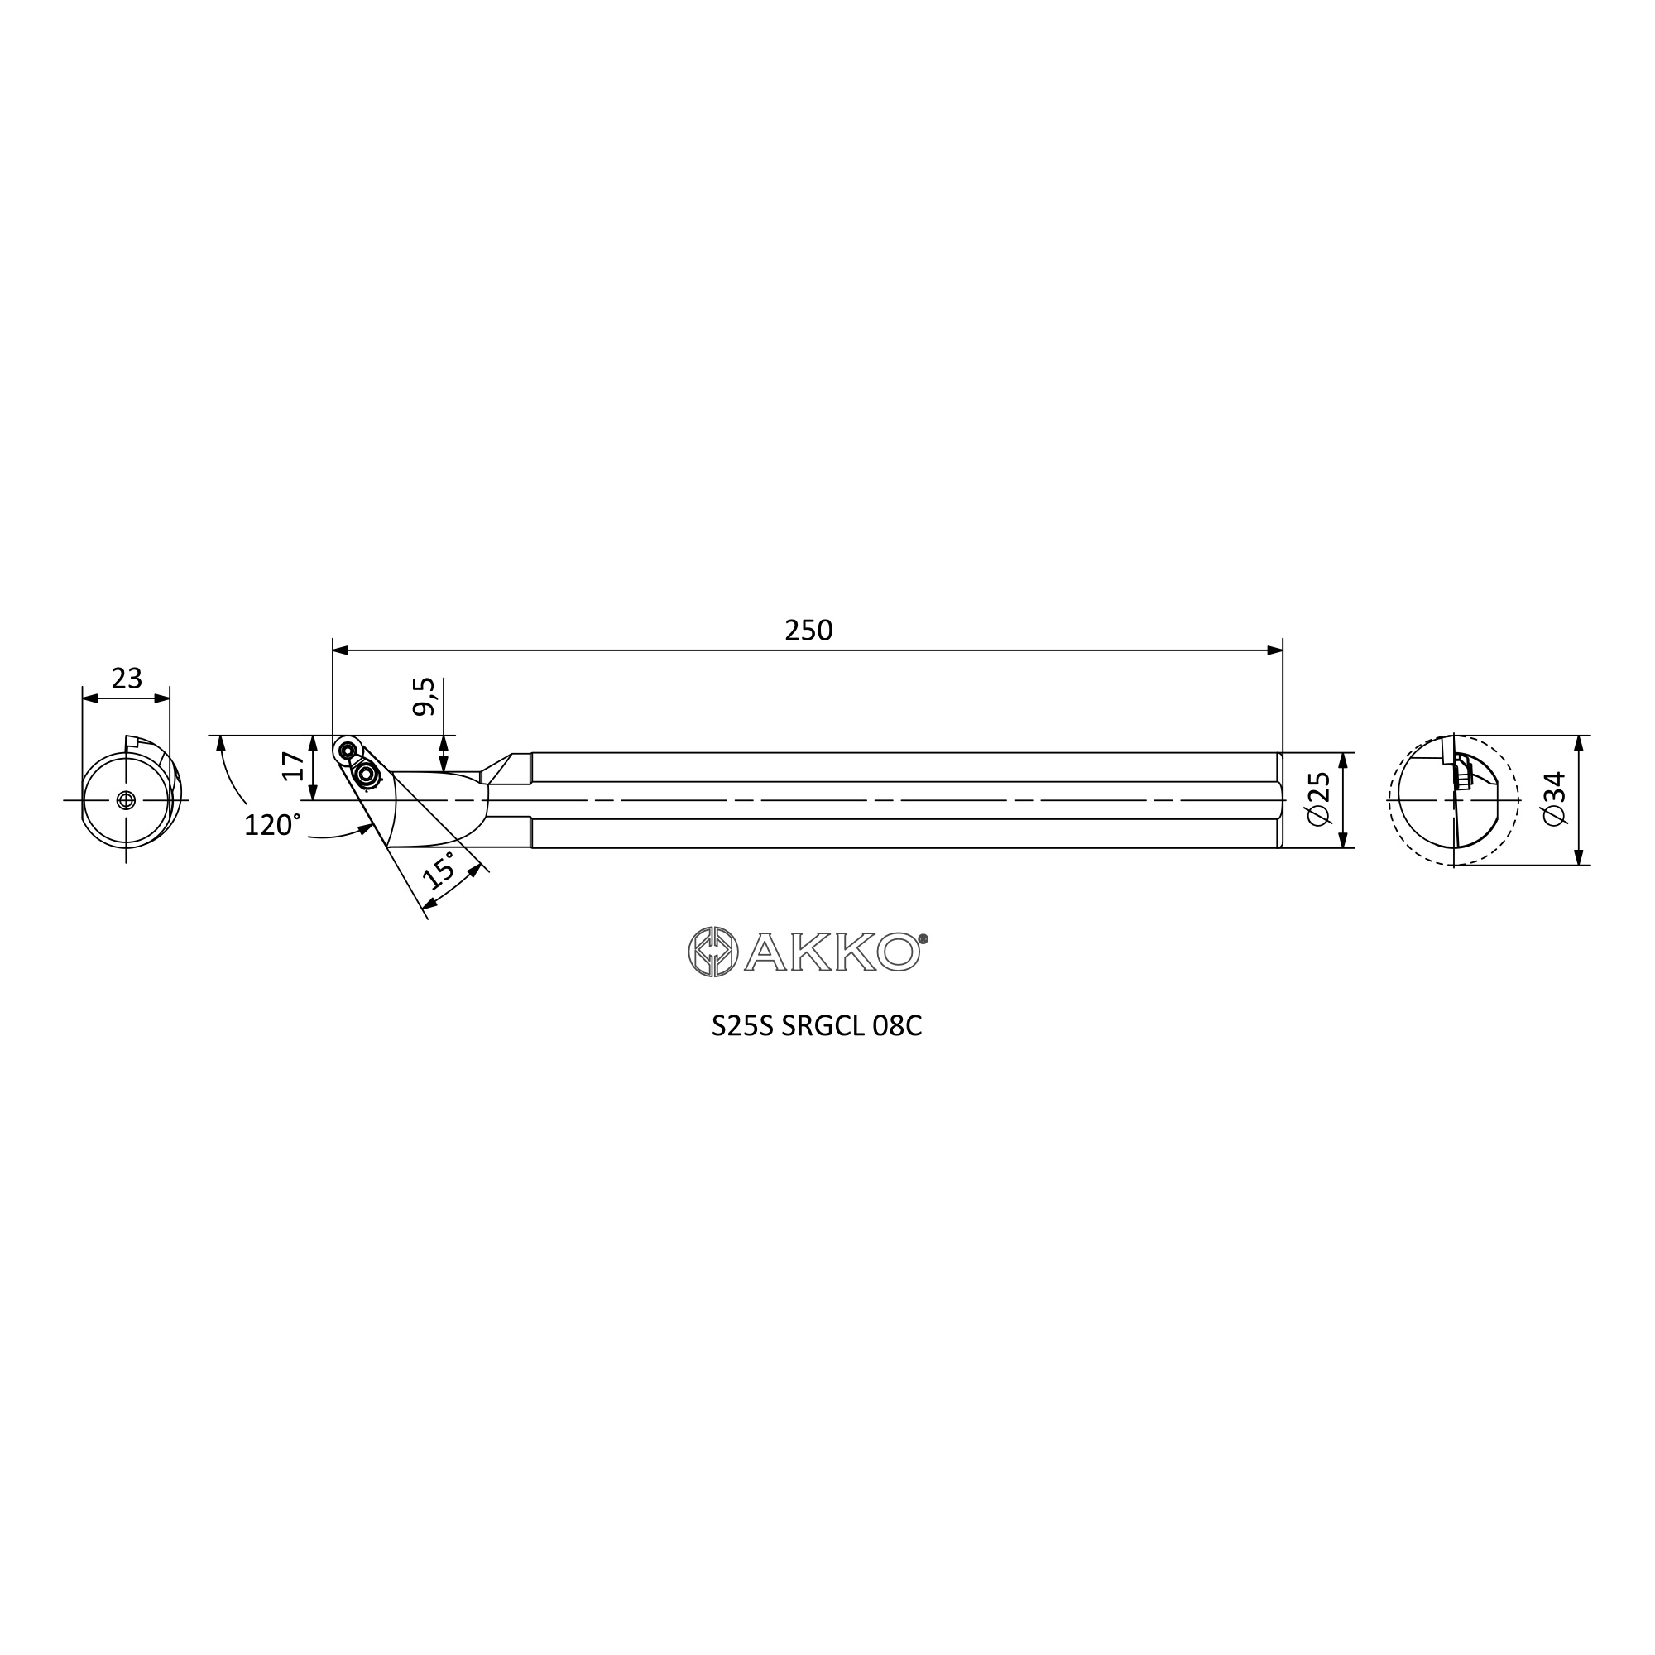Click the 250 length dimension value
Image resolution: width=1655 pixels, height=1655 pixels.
click(808, 631)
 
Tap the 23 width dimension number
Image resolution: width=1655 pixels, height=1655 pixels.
click(127, 679)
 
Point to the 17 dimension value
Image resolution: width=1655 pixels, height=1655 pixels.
click(294, 765)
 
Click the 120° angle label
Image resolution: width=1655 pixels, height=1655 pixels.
click(272, 825)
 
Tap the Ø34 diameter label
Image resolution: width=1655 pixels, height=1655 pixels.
click(1554, 799)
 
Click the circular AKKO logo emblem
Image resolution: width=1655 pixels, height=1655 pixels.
click(712, 951)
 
